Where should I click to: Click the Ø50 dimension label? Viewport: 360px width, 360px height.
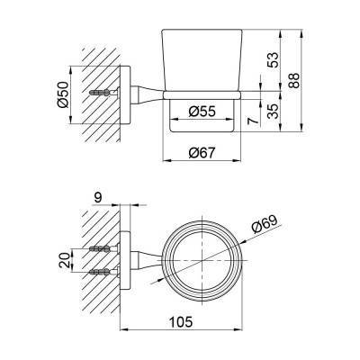click(64, 94)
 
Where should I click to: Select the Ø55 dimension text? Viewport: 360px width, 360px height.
click(202, 112)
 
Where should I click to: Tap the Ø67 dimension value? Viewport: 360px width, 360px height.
click(202, 153)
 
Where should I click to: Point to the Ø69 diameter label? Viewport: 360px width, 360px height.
click(265, 224)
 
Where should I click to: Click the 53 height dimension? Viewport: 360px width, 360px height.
click(274, 60)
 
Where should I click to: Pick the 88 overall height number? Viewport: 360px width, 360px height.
click(294, 80)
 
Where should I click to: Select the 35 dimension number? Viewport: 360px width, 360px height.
click(274, 112)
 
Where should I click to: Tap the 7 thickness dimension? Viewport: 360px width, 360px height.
click(254, 121)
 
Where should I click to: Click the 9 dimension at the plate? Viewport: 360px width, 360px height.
click(98, 197)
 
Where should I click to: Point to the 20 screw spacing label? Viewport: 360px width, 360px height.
click(65, 260)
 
